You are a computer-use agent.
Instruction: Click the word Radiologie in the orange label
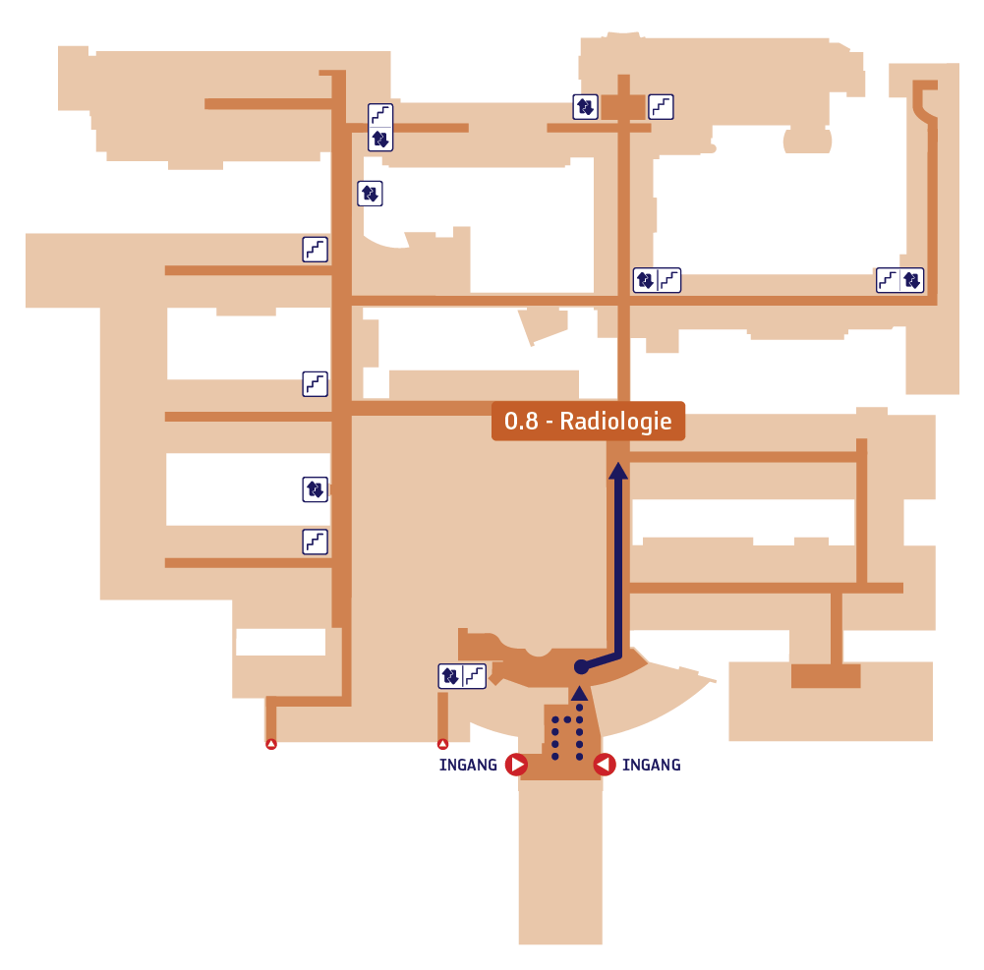tap(615, 422)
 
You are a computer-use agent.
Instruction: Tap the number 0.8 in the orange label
tap(521, 421)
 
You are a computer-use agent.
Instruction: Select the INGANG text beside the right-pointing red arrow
tap(468, 765)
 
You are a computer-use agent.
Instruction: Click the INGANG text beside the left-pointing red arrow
tap(652, 765)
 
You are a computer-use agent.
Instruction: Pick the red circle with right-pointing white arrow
tap(516, 765)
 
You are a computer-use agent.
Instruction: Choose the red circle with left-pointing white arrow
tap(605, 765)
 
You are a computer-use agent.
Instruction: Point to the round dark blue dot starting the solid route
tap(582, 667)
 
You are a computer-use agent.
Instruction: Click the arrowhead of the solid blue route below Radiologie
tap(618, 471)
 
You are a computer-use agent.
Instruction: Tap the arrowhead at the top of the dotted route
tap(579, 693)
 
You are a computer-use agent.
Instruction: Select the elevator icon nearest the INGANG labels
tap(450, 676)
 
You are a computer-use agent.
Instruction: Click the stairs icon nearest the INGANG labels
tap(475, 676)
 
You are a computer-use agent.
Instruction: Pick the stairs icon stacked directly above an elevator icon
tap(380, 115)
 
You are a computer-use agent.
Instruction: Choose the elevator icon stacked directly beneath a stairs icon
tap(380, 140)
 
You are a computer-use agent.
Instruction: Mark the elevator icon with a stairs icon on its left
tap(912, 280)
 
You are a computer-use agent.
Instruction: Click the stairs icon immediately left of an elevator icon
tap(888, 280)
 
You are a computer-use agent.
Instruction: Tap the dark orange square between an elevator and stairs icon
tap(623, 107)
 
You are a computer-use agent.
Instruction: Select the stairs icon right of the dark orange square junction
tap(661, 107)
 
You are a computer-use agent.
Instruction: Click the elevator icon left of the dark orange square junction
tap(586, 107)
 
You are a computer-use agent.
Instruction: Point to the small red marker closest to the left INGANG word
tap(442, 744)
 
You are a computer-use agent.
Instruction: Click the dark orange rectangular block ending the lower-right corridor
tap(826, 676)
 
